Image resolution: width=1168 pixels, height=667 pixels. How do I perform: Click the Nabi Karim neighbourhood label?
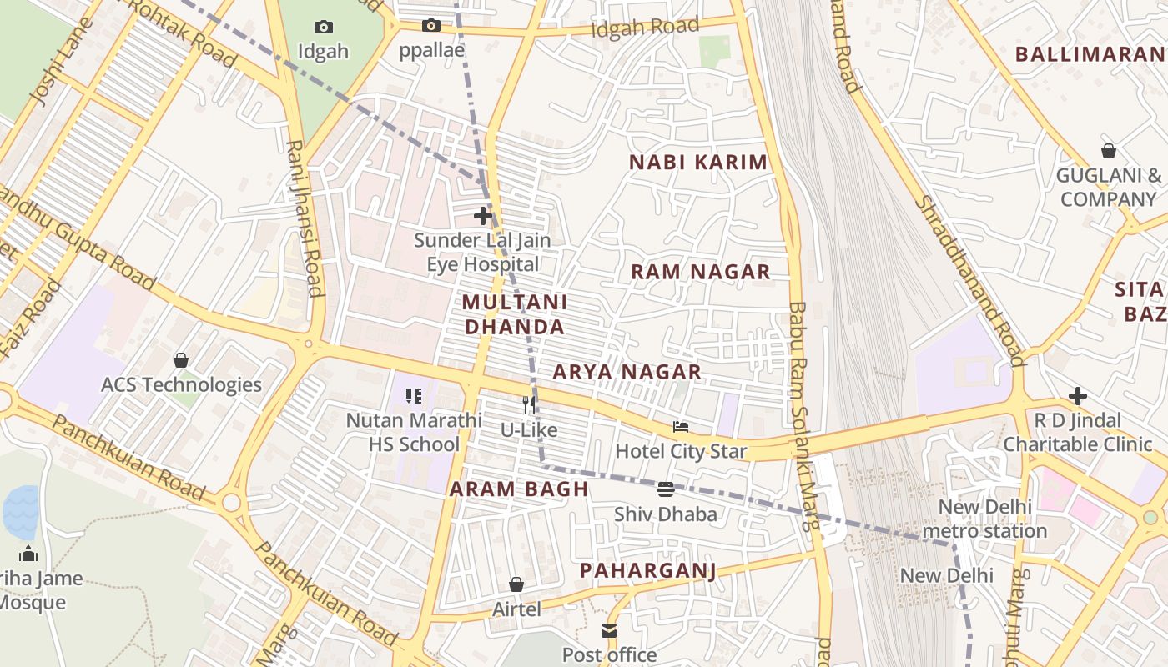tap(697, 163)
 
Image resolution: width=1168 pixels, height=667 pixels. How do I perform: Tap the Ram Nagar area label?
tap(700, 272)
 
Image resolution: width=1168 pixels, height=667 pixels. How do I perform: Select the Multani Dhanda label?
tap(515, 314)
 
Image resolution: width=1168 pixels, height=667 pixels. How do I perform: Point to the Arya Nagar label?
tap(627, 372)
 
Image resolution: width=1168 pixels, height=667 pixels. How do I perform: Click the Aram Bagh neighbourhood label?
tap(519, 489)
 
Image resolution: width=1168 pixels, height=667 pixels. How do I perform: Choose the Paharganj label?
tap(647, 570)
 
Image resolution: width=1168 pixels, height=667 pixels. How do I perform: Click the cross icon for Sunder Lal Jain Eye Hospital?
tap(482, 216)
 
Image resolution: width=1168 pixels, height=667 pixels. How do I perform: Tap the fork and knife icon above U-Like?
tap(528, 405)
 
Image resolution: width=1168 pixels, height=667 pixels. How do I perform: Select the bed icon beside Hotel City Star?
tap(681, 427)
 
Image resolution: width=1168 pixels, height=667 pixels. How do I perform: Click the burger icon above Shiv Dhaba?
tap(665, 489)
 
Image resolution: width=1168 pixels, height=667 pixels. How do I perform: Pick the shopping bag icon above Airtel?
tap(516, 584)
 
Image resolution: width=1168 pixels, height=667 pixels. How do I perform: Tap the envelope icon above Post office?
tap(609, 631)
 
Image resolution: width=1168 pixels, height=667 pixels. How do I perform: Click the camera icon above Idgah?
tap(323, 28)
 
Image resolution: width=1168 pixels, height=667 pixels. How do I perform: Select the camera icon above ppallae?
tap(430, 26)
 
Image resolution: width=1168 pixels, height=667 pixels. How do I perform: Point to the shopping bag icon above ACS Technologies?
tap(180, 360)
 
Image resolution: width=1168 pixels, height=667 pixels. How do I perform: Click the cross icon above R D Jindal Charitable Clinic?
tap(1077, 396)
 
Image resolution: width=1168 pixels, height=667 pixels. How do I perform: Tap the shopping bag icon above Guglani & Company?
tap(1108, 151)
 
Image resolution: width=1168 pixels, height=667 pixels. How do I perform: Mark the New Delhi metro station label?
tap(985, 519)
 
